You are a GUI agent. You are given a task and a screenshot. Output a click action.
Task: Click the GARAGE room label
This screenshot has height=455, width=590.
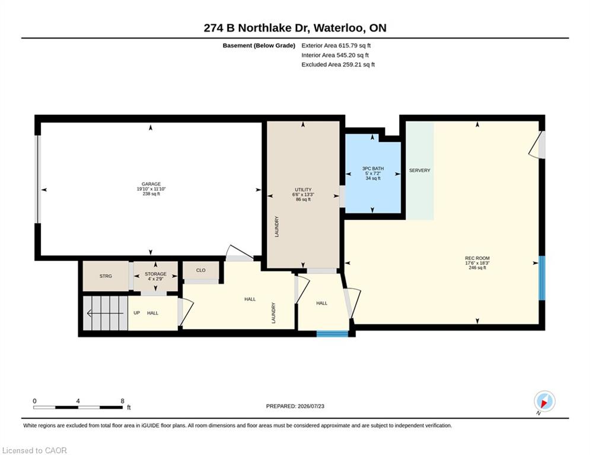[151, 184]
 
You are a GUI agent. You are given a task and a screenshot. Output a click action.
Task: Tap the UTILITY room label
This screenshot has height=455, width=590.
[303, 190]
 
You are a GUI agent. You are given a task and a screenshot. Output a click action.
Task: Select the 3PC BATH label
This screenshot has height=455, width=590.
[373, 169]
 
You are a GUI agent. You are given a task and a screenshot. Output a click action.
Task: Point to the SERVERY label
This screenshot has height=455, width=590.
[420, 171]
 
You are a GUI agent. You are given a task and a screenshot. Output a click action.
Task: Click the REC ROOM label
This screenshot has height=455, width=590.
[477, 258]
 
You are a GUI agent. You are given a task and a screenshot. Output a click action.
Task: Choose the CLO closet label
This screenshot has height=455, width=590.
[201, 270]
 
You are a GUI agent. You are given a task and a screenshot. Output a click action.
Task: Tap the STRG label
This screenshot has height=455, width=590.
[106, 276]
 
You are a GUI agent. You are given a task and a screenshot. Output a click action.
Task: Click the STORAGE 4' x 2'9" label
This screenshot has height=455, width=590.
[156, 277]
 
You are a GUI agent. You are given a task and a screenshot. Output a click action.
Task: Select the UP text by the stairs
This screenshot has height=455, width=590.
[137, 313]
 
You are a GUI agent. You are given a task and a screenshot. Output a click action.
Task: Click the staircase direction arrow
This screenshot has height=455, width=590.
[105, 313]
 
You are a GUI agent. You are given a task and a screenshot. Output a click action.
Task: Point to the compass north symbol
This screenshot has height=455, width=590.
[544, 402]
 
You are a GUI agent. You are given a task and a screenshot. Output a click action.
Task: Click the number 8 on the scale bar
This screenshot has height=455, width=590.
[122, 401]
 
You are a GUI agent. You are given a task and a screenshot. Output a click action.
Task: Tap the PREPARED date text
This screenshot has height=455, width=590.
[295, 406]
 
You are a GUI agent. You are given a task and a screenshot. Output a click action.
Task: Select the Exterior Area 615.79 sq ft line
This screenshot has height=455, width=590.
[336, 46]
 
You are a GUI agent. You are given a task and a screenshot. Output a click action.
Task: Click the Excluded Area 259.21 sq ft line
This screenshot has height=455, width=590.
[338, 65]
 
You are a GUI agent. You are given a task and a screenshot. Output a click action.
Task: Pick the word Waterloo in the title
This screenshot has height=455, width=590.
[339, 28]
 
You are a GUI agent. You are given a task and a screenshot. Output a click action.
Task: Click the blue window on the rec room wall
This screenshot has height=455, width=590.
[542, 278]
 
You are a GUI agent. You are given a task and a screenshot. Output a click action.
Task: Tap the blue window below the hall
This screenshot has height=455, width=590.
[333, 334]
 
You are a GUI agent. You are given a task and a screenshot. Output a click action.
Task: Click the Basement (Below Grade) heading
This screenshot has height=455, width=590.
[259, 46]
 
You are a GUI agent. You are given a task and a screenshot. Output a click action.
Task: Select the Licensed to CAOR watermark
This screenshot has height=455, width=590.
[34, 450]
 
